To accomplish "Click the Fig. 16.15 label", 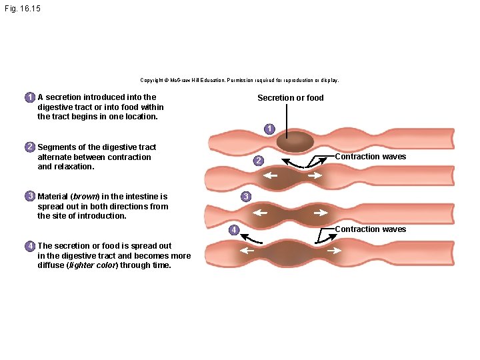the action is pyautogui.click(x=23, y=8).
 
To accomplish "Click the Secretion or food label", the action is pyautogui.click(x=291, y=97).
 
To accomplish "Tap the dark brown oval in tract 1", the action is pyautogui.click(x=295, y=141).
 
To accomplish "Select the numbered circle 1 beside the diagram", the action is pyautogui.click(x=269, y=129).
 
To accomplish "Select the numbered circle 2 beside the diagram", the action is pyautogui.click(x=259, y=161).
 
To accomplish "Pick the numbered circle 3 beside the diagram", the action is pyautogui.click(x=246, y=196).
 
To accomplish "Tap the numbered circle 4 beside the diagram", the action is pyautogui.click(x=234, y=230).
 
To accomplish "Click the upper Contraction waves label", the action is pyautogui.click(x=371, y=157).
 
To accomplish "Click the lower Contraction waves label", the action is pyautogui.click(x=371, y=229).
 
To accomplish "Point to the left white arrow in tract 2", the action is pyautogui.click(x=270, y=175).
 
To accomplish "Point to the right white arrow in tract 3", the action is pyautogui.click(x=321, y=213).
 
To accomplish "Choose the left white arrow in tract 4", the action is pyautogui.click(x=247, y=251).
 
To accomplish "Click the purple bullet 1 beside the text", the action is pyautogui.click(x=30, y=97).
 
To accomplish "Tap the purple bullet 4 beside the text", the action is pyautogui.click(x=30, y=246).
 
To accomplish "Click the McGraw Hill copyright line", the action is pyautogui.click(x=240, y=80).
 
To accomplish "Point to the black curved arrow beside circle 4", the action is pyautogui.click(x=251, y=239).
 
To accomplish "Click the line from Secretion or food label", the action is pyautogui.click(x=287, y=121).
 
